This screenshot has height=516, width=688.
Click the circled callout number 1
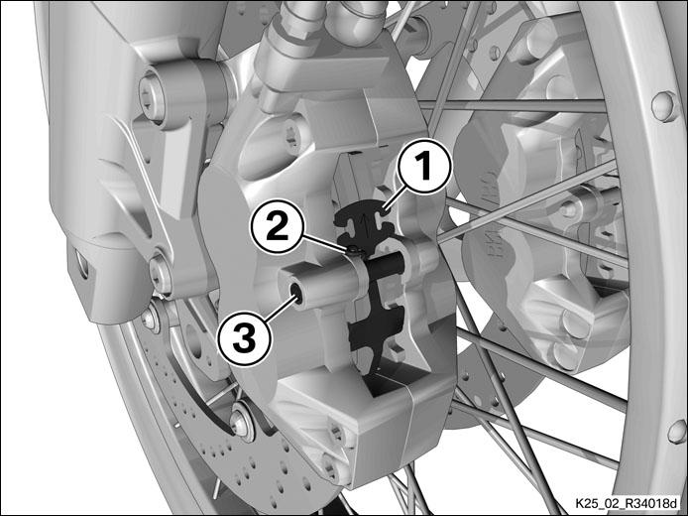click(424, 167)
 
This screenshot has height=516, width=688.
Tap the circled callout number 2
click(277, 226)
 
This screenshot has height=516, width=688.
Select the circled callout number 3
click(245, 339)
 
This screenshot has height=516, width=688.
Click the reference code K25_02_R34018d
click(627, 502)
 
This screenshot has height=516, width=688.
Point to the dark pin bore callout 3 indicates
click(297, 292)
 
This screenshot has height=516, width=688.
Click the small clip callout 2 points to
click(355, 251)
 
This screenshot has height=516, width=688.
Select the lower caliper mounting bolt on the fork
click(161, 275)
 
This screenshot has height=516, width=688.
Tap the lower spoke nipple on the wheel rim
click(676, 431)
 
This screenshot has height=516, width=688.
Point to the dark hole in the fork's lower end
click(82, 264)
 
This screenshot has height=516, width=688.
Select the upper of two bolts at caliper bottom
click(337, 434)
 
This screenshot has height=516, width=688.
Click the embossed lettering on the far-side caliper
click(490, 209)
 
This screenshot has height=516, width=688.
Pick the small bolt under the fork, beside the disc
click(152, 318)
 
